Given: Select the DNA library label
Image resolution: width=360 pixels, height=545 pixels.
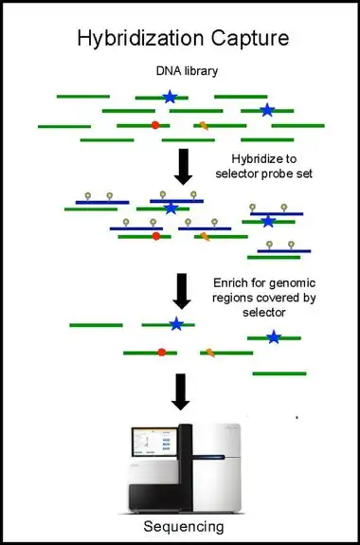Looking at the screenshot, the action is click(x=187, y=71).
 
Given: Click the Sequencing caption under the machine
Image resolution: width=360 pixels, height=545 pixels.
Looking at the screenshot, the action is click(x=184, y=527).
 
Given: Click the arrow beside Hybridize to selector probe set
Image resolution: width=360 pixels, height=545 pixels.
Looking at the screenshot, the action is click(x=183, y=167).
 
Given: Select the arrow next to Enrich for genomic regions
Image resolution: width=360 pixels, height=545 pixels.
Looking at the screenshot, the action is click(x=182, y=291).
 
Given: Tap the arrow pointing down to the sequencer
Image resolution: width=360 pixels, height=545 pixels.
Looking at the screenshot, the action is click(x=180, y=391).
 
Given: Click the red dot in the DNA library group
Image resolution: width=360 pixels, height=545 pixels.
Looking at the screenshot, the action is click(x=155, y=125).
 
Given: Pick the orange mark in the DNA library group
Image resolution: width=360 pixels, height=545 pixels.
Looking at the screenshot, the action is click(x=204, y=125).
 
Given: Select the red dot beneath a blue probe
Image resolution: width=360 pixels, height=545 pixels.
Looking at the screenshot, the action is click(x=156, y=236).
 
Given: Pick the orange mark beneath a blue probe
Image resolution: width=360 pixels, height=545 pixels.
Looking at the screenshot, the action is click(x=205, y=237).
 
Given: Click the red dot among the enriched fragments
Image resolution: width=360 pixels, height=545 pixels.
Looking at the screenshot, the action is click(x=162, y=353).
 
